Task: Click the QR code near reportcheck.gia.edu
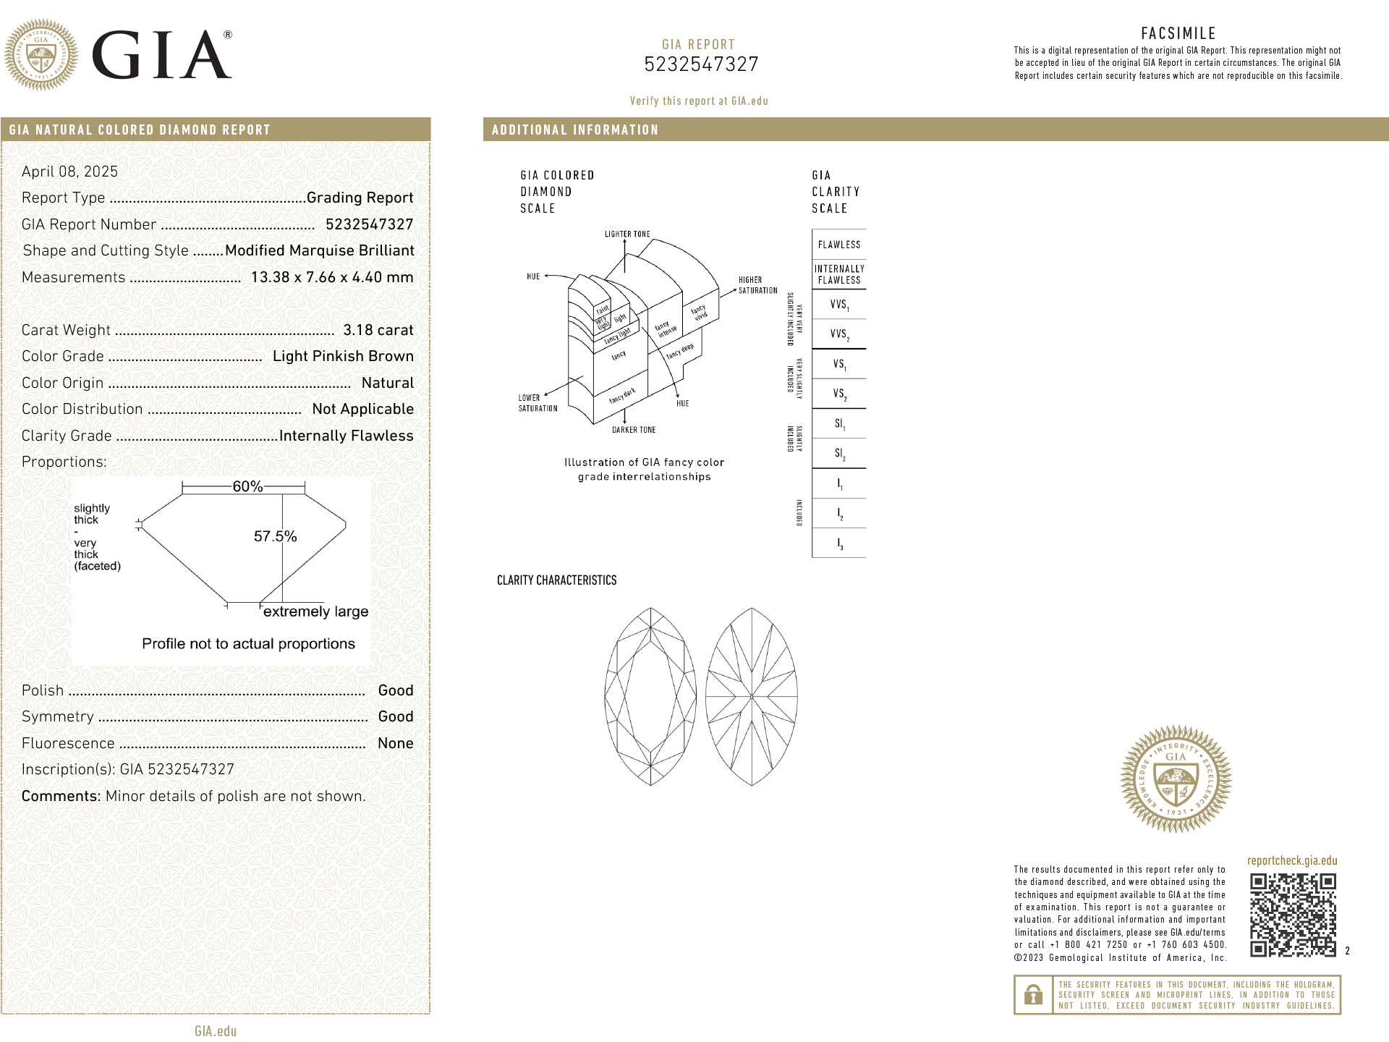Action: [x=1293, y=915]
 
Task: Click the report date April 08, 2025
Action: [x=69, y=171]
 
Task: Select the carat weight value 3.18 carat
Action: [x=378, y=330]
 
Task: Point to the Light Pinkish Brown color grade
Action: [x=343, y=356]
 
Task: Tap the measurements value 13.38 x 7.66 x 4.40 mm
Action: [x=332, y=277]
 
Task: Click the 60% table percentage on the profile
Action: [x=247, y=487]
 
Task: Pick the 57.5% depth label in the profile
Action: [x=275, y=536]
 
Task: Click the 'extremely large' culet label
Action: [x=315, y=612]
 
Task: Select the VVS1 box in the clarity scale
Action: [x=839, y=305]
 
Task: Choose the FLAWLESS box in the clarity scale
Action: [x=839, y=245]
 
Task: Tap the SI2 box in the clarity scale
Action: [x=839, y=454]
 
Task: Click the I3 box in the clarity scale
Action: [x=839, y=543]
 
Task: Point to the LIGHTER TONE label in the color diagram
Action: [x=627, y=234]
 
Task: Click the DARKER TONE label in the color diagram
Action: [x=634, y=430]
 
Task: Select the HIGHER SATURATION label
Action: [x=757, y=285]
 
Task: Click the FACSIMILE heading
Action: [x=1178, y=33]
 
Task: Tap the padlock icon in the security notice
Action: [x=1033, y=995]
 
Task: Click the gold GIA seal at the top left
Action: [x=41, y=55]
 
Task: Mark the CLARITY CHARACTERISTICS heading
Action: [x=556, y=580]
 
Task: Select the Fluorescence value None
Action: [x=395, y=743]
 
